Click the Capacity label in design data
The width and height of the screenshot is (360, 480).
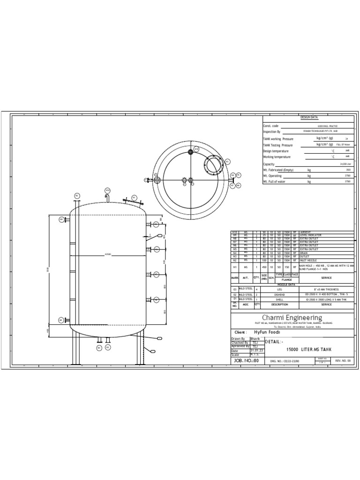click(x=269, y=164)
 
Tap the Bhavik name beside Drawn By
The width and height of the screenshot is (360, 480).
click(x=255, y=338)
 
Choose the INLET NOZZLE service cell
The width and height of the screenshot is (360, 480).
click(x=309, y=260)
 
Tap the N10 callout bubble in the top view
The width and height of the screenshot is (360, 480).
click(x=196, y=149)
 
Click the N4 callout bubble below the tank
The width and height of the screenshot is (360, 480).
click(x=99, y=348)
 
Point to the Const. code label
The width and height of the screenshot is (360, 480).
click(x=271, y=126)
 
